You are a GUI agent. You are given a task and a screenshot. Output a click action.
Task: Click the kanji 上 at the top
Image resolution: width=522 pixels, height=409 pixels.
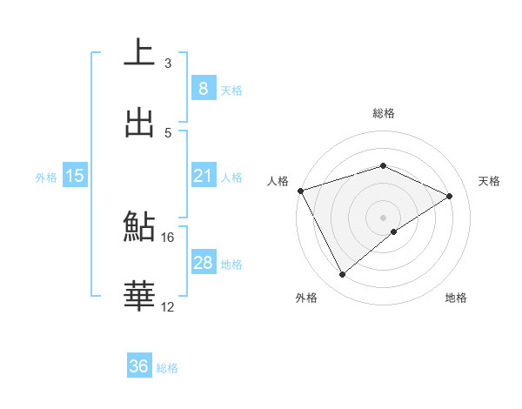(139, 53)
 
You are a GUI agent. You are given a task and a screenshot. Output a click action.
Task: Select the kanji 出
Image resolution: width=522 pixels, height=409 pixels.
(139, 122)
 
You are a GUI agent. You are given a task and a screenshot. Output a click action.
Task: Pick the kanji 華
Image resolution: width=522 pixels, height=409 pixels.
(139, 296)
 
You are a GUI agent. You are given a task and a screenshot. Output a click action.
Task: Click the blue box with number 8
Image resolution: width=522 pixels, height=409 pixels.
(203, 88)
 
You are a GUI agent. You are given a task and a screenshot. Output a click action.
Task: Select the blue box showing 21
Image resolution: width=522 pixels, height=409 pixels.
(203, 176)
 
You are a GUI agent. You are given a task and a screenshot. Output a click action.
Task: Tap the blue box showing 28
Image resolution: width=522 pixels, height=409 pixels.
(203, 263)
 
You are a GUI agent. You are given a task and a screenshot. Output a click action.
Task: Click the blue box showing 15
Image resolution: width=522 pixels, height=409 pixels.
(74, 176)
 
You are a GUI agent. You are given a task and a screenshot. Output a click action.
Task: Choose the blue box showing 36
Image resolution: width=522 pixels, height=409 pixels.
(138, 366)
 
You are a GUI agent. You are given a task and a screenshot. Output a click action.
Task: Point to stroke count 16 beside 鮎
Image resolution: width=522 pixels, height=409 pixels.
(168, 237)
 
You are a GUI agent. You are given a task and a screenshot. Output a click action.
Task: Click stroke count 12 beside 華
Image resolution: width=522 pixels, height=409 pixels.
(168, 306)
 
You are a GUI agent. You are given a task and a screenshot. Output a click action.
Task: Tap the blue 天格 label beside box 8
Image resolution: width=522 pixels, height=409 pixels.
(231, 90)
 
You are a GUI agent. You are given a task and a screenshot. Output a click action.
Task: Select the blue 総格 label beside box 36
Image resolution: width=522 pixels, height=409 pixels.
(167, 368)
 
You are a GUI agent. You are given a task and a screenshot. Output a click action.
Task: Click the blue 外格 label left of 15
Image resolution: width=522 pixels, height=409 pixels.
(46, 177)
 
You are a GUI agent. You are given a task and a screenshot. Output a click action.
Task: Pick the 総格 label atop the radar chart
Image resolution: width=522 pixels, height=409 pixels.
(383, 113)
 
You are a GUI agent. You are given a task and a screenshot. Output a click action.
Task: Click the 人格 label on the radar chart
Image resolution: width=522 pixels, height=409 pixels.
(278, 181)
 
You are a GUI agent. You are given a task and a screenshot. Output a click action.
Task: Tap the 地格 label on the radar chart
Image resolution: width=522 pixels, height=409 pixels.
(456, 298)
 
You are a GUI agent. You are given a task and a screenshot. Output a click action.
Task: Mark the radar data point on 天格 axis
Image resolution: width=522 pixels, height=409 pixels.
(450, 196)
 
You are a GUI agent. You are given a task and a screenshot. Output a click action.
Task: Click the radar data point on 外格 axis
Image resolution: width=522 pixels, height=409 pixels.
(342, 275)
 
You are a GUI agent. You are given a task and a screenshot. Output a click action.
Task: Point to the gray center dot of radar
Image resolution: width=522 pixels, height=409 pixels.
(383, 217)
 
